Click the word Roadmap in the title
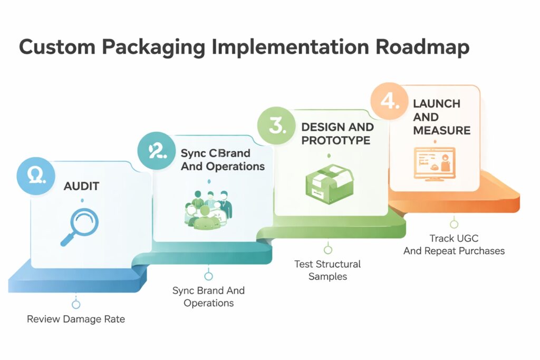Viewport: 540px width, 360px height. point(422,47)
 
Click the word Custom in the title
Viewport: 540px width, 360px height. point(56,47)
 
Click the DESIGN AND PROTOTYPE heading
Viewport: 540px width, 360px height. point(337,134)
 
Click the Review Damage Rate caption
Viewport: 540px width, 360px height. point(76,319)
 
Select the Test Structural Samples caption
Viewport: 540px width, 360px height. point(327,270)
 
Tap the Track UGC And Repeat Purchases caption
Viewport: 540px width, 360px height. point(454,245)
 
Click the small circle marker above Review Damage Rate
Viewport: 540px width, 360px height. point(76,305)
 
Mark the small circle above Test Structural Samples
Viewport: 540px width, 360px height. point(328,250)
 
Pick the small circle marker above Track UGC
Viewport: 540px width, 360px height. point(454,225)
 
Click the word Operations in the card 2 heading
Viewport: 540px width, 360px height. point(235,166)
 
